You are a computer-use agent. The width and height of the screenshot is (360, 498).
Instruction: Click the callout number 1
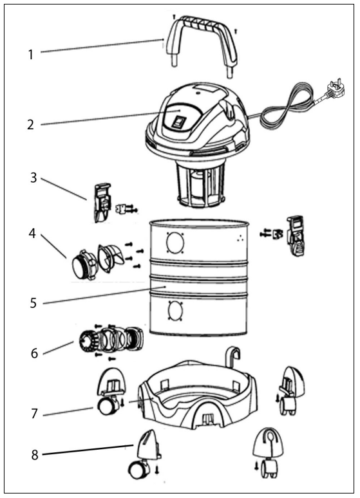(x=30, y=55)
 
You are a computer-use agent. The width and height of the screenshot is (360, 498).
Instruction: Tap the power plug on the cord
(x=335, y=88)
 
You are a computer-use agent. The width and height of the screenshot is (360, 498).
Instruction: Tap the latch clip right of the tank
(x=296, y=235)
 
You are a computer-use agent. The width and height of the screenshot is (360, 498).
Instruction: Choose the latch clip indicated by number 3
(x=100, y=201)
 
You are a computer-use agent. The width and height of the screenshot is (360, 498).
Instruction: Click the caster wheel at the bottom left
(x=137, y=471)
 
